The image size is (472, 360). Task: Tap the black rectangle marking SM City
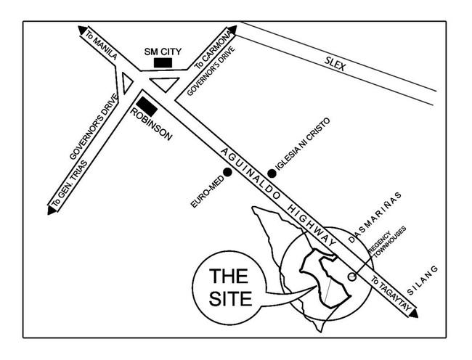pos(163,64)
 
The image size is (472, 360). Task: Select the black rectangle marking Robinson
pos(148,106)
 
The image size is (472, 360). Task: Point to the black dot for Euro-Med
pos(228,173)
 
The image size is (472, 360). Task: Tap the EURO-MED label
pos(205,193)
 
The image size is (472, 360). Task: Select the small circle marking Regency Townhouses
pos(351,277)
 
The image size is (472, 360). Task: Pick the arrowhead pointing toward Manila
pos(81,30)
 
